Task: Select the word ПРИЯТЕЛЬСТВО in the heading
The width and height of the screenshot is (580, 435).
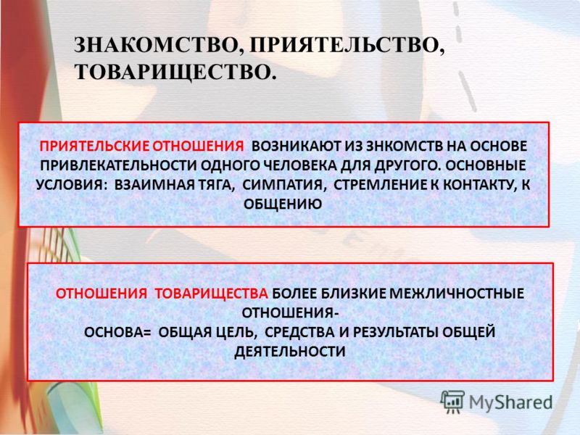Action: [x=344, y=46]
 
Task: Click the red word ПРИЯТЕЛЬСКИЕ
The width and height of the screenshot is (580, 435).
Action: [x=94, y=146]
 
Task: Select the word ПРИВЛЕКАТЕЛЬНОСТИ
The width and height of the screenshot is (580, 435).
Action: [x=118, y=165]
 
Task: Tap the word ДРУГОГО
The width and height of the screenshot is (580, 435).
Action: [x=407, y=165]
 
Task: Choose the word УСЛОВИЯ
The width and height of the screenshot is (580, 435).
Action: [x=70, y=185]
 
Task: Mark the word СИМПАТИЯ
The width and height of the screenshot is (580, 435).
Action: [x=283, y=185]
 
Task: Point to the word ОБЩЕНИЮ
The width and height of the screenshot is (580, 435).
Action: [x=283, y=204]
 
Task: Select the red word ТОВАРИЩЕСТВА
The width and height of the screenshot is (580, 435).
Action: [x=211, y=294]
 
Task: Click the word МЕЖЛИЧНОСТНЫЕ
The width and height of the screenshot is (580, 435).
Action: [x=457, y=294]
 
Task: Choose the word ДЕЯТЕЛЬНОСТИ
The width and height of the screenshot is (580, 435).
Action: [x=290, y=351]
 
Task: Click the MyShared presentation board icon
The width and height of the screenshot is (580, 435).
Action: [x=452, y=402]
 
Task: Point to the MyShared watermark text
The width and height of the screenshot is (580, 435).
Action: [x=511, y=403]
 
